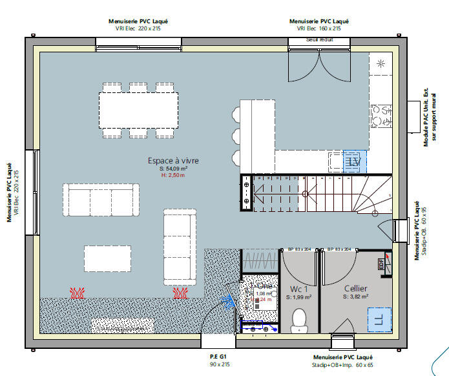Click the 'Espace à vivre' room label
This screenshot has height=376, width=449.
172,160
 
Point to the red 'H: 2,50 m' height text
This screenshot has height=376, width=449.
172,175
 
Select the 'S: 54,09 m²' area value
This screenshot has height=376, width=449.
172,168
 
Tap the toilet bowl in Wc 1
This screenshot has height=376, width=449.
299,320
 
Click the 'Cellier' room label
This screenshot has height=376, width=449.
355,288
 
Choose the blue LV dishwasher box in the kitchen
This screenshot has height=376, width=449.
354,161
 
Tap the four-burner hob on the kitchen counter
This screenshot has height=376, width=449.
381,116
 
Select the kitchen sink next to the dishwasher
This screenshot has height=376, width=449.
336,161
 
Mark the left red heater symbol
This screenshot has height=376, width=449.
78,293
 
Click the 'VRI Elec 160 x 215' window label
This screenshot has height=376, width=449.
318,28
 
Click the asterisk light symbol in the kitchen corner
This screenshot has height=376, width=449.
381,63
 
